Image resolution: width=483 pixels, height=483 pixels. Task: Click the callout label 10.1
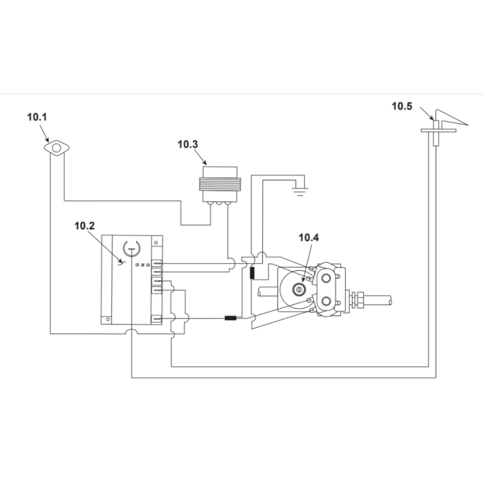[x=37, y=117]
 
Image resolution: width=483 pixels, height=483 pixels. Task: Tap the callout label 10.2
[x=85, y=226]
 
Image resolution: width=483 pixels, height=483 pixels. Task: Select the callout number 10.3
[x=187, y=144]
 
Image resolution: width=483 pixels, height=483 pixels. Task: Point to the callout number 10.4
[x=309, y=238]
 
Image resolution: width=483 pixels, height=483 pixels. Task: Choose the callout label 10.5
[x=402, y=106]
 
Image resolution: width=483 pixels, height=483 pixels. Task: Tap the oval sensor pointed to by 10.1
[x=57, y=148]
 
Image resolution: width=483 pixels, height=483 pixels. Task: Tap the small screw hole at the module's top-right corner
[x=156, y=242]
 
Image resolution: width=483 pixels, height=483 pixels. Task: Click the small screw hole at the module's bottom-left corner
[x=108, y=319]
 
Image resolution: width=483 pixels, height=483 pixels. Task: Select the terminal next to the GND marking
[x=157, y=264]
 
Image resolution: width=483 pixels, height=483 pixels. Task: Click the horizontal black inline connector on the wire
[x=230, y=318]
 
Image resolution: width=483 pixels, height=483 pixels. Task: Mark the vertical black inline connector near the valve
[x=252, y=272]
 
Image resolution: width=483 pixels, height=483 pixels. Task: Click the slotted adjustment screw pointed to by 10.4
[x=298, y=289]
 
